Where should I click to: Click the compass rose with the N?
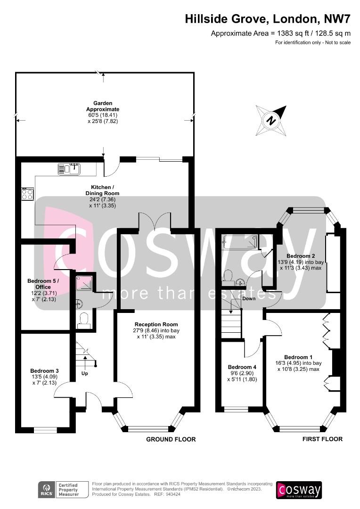271,121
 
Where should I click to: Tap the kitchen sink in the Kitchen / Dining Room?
69,169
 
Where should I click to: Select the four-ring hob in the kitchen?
28,194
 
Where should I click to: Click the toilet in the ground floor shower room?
84,320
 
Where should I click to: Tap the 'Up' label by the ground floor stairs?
85,373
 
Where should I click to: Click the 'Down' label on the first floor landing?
249,298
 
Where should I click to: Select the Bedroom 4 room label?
242,367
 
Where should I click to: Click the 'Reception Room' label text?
156,324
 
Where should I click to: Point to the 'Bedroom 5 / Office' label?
43,284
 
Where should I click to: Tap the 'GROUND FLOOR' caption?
171,439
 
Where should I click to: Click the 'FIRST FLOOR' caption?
322,439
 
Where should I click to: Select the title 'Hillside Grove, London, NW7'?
268,19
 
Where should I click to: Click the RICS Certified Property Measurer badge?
63,490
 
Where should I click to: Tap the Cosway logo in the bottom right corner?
299,490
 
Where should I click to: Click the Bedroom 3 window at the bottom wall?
45,430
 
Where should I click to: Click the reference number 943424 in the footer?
174,494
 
